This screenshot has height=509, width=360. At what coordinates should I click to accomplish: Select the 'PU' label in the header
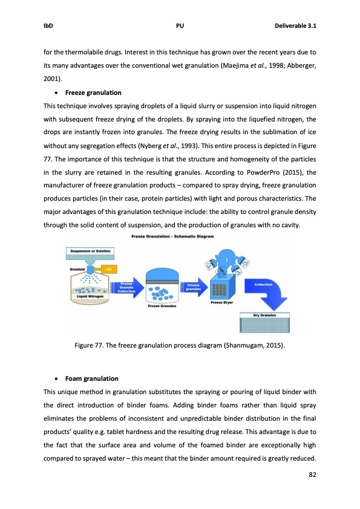pos(180,26)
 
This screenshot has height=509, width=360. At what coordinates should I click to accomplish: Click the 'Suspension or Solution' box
pos(92,250)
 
